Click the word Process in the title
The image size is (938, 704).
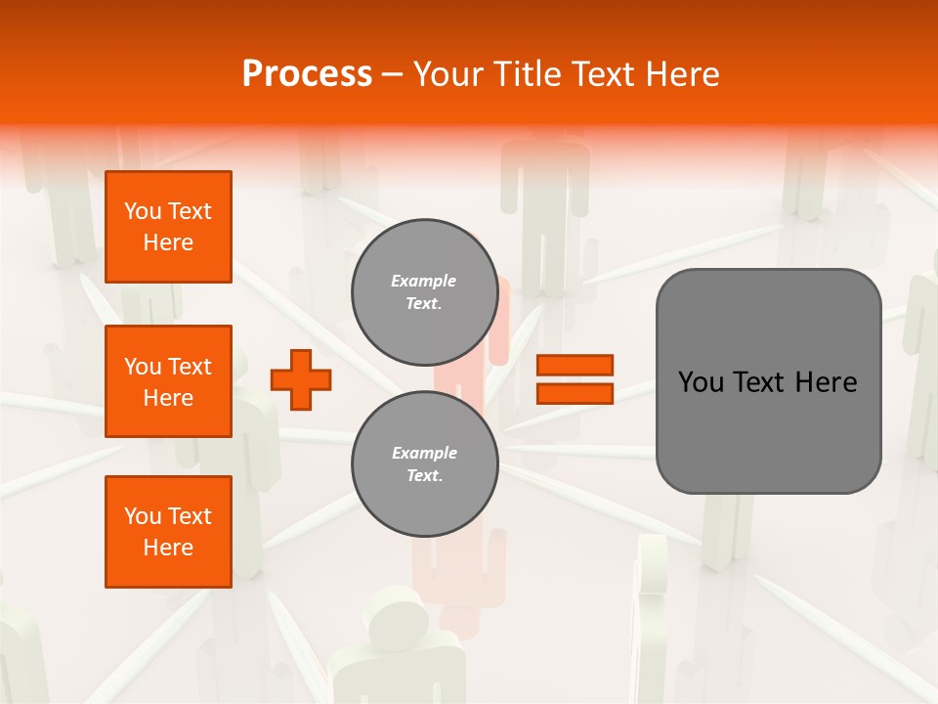tap(307, 74)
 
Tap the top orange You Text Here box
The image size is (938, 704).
tap(168, 227)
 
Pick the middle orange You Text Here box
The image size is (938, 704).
tap(168, 381)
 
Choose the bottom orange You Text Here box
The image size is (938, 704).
tap(168, 532)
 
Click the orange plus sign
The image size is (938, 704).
tap(301, 378)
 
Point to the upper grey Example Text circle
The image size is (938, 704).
tap(424, 291)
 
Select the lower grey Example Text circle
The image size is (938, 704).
tap(425, 463)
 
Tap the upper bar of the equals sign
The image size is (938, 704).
tap(575, 365)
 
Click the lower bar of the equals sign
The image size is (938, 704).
tap(575, 393)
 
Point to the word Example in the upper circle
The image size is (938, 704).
tap(424, 281)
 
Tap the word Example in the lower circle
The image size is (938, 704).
tap(425, 453)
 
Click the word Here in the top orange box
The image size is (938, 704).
tap(168, 242)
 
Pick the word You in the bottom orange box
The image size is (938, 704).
tap(143, 516)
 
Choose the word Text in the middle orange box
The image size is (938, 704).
tap(189, 367)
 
